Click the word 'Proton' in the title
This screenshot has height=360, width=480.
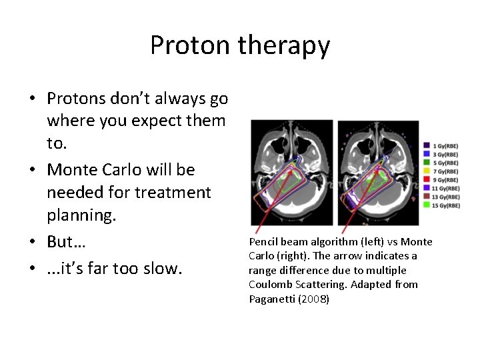pyautogui.click(x=189, y=46)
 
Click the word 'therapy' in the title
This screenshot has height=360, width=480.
pyautogui.click(x=282, y=46)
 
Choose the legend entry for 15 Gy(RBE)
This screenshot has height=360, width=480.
pyautogui.click(x=445, y=205)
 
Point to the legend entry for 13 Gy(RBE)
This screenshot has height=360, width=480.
pyautogui.click(x=445, y=197)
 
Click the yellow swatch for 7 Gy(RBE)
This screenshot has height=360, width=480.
pyautogui.click(x=427, y=171)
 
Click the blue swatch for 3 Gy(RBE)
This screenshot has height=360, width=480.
pyautogui.click(x=427, y=154)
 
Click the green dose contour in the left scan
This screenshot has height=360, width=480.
pyautogui.click(x=289, y=183)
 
